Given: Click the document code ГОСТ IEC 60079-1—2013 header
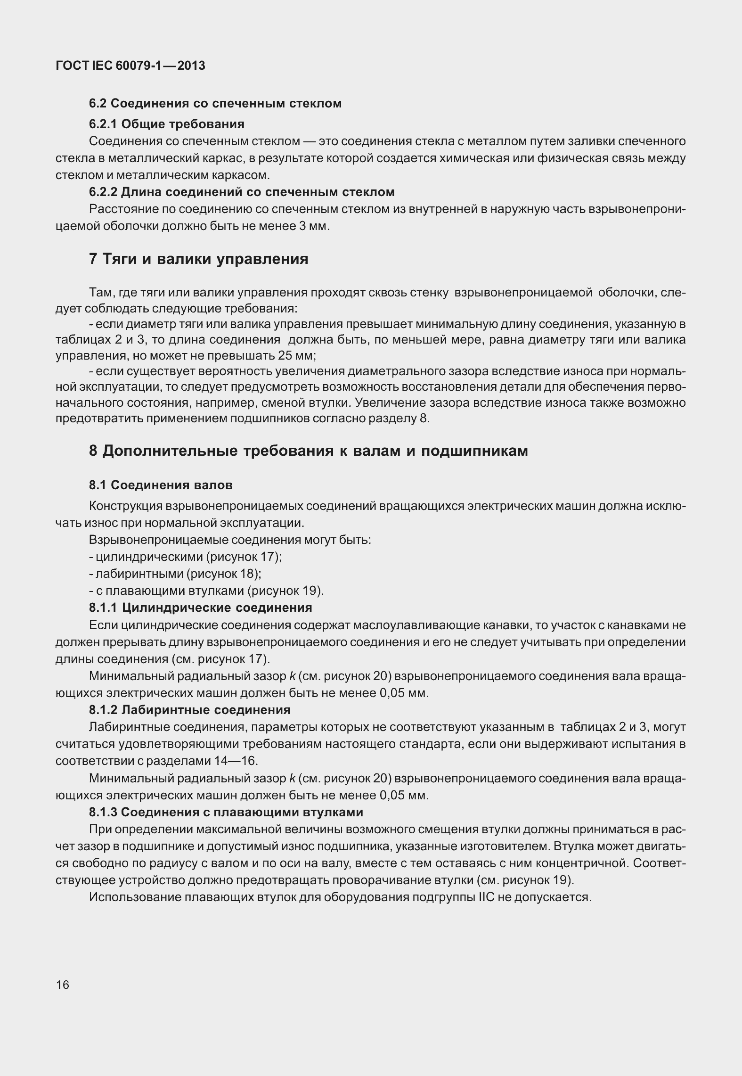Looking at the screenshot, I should tap(130, 66).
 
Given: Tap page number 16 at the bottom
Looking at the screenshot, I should tap(62, 985).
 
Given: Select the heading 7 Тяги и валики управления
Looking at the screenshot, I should tap(198, 259).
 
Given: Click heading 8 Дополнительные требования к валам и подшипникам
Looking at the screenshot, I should tap(308, 451).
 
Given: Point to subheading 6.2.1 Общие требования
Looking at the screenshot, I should tap(167, 124).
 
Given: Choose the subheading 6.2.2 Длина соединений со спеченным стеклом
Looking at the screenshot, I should tap(242, 192).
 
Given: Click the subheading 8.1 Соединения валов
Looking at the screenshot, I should tap(161, 485).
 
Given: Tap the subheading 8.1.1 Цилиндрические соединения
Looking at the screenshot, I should tap(200, 608).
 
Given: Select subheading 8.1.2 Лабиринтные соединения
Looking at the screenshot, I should tap(189, 709).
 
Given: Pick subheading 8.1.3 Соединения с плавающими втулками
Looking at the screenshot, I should tap(226, 812).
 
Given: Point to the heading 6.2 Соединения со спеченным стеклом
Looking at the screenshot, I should tap(215, 103).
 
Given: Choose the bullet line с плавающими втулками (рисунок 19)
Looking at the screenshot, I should tap(206, 591).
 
